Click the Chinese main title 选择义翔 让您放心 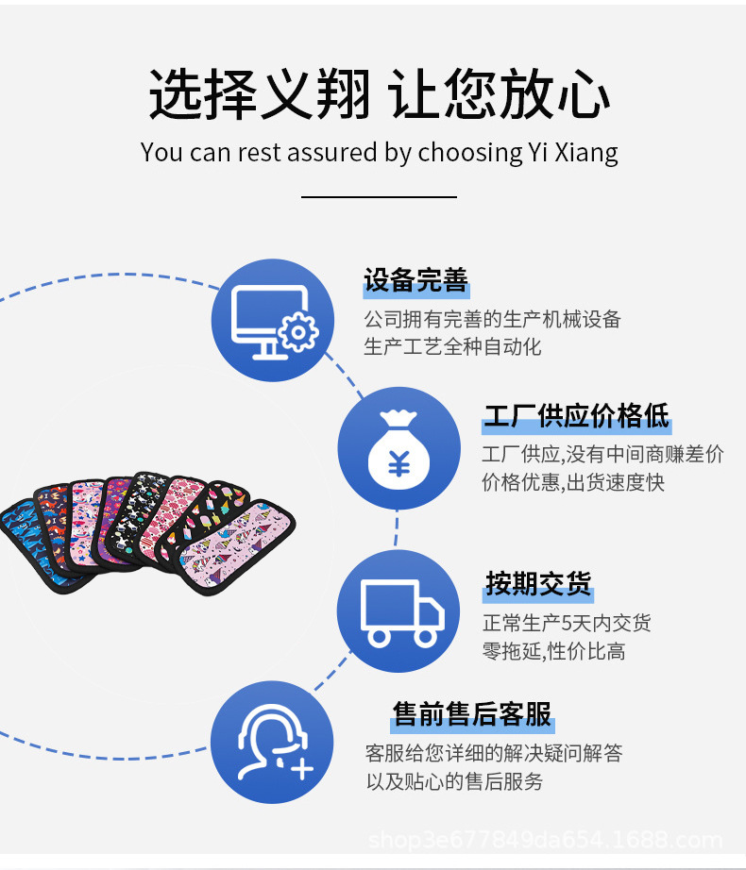click(379, 94)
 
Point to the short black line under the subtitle click(379, 197)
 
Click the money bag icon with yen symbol click(398, 449)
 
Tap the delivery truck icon click(398, 611)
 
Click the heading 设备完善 click(416, 280)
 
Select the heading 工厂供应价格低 click(576, 415)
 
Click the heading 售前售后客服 click(472, 713)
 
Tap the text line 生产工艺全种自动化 click(453, 347)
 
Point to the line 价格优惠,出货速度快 click(573, 482)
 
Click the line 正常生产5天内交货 click(567, 623)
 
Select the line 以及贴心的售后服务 click(454, 781)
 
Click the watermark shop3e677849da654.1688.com click(545, 840)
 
